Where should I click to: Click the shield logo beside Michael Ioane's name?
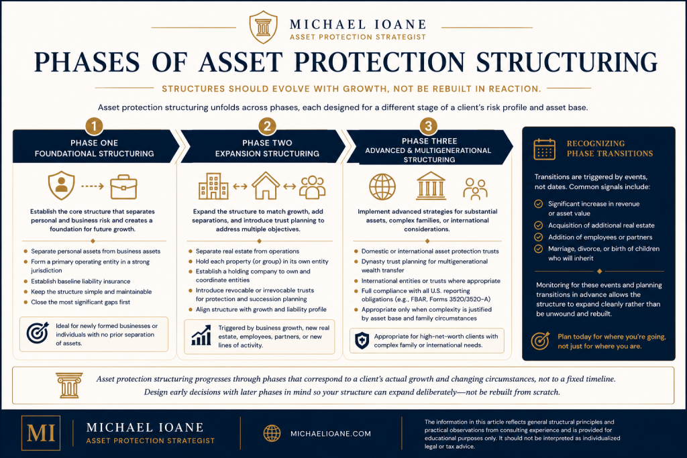pyautogui.click(x=263, y=27)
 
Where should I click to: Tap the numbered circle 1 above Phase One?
pyautogui.click(x=94, y=127)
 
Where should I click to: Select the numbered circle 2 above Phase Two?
pyautogui.click(x=267, y=127)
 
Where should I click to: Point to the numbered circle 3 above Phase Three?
pyautogui.click(x=429, y=127)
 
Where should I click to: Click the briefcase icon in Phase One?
pyautogui.click(x=123, y=187)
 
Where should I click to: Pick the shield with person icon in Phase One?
pyautogui.click(x=61, y=185)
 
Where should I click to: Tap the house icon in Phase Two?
pyautogui.click(x=266, y=186)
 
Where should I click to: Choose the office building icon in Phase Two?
pyautogui.click(x=213, y=186)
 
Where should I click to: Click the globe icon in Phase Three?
pyautogui.click(x=382, y=186)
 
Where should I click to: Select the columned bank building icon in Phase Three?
pyautogui.click(x=431, y=186)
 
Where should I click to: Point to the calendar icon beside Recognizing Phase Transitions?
pyautogui.click(x=545, y=149)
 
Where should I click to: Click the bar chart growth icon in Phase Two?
pyautogui.click(x=201, y=335)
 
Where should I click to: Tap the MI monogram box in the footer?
pyautogui.click(x=41, y=433)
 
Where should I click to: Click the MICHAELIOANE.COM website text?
pyautogui.click(x=331, y=433)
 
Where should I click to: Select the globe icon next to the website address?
pyautogui.click(x=272, y=433)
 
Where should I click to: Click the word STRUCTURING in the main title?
pyautogui.click(x=567, y=62)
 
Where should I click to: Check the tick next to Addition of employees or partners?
pyautogui.click(x=539, y=237)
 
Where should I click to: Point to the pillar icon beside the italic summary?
pyautogui.click(x=69, y=386)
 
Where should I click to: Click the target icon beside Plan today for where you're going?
pyautogui.click(x=540, y=340)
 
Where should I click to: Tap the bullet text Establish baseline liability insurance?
pyautogui.click(x=81, y=281)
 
